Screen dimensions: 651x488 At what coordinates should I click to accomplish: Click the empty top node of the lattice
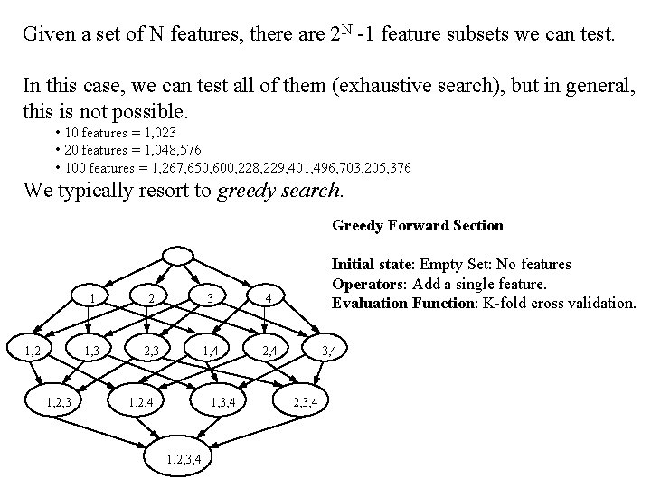[x=181, y=255]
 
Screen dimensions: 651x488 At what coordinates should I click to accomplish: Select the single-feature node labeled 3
[x=209, y=299]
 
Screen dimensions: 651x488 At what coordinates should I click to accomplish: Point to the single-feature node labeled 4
[x=269, y=299]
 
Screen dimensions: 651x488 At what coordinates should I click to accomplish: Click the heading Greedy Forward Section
[x=418, y=225]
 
